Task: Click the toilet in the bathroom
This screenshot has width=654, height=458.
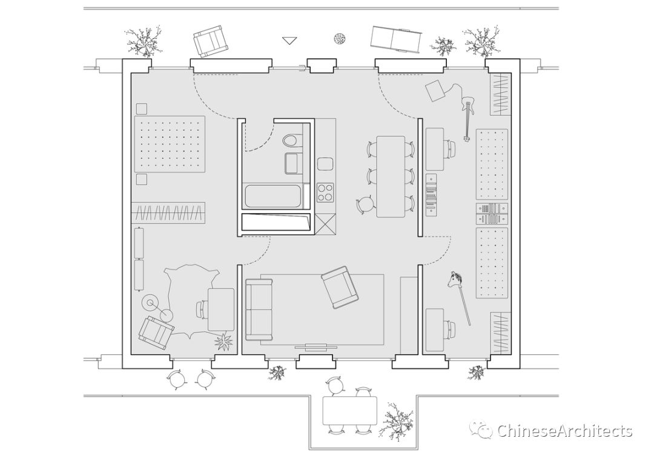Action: pos(291,141)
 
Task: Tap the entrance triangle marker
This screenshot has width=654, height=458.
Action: pos(291,41)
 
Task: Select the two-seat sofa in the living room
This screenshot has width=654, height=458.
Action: pos(259,309)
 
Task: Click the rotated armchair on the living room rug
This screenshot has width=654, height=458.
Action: pos(340,287)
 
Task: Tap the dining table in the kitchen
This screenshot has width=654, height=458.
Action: pos(391,176)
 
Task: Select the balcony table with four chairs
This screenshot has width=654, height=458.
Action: pos(349,411)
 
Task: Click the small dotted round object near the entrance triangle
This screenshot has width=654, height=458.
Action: pos(340,39)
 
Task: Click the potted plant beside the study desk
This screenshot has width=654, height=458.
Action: pos(224,342)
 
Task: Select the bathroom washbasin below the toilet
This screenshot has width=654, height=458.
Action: pos(292,163)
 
